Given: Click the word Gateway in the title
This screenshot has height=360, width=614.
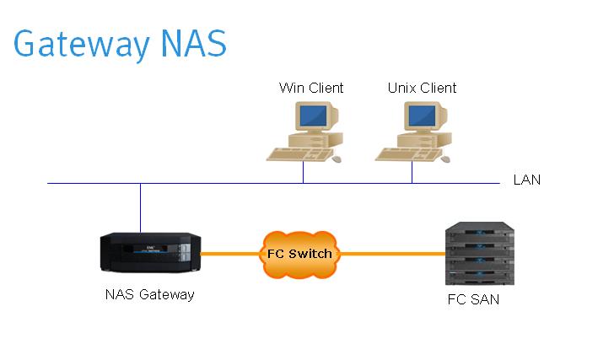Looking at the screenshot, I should [77, 44].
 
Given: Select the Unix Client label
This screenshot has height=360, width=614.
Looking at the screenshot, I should [422, 88].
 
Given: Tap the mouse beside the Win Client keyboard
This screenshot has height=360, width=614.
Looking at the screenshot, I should [337, 158].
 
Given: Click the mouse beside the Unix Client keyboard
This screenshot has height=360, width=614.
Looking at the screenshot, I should [444, 158].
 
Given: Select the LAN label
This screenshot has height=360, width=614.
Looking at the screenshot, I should [526, 180].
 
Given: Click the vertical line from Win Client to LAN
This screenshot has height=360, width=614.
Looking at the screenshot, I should [304, 173].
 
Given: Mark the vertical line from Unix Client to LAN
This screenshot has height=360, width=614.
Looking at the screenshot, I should [412, 173].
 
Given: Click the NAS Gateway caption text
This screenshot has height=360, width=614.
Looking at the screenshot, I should [150, 294].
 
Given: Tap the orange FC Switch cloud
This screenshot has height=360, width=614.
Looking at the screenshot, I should [299, 254].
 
